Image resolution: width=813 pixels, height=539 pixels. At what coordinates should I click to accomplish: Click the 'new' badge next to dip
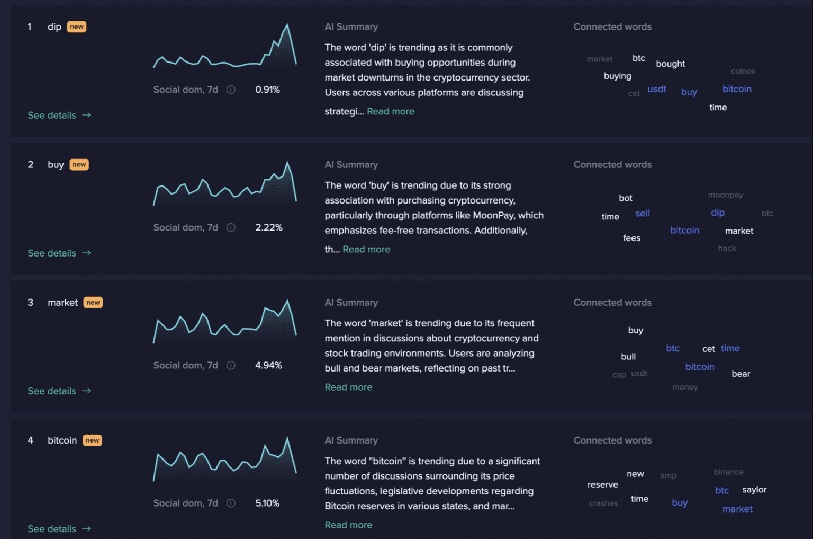coord(77,27)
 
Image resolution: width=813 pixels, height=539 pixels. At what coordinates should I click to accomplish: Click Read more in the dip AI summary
coord(391,111)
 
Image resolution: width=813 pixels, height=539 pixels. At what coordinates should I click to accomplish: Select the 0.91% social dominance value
coord(267,90)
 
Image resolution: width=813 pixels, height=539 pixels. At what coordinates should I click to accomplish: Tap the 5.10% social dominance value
coord(267,503)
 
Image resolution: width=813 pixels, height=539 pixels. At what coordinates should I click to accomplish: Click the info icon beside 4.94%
coord(231,365)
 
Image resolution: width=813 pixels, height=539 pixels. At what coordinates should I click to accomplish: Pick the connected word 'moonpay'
coord(726,195)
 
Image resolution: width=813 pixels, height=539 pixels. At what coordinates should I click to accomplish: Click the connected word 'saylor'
coord(754,490)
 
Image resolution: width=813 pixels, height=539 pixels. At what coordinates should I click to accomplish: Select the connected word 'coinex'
coord(743,71)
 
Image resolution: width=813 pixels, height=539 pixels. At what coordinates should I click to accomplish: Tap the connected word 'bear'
coord(740,374)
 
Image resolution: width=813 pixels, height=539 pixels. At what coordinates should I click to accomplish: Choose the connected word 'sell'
coord(643,213)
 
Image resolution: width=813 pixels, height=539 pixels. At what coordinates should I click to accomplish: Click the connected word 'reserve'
coord(602,484)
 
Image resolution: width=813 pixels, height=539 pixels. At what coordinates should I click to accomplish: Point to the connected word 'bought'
coord(670,64)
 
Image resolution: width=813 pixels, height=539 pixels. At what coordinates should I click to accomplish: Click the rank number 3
coord(30,303)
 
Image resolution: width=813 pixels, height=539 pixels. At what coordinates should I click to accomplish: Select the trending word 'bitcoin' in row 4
coord(62,440)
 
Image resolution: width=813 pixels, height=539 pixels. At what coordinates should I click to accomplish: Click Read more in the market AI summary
coord(348,387)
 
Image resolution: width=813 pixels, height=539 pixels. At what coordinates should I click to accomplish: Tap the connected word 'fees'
coord(631,238)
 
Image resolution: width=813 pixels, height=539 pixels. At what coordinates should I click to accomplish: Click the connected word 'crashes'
coord(603,503)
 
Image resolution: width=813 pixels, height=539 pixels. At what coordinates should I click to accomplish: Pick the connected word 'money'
coord(685,387)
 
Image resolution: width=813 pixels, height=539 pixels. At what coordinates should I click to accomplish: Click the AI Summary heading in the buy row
coord(351,165)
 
